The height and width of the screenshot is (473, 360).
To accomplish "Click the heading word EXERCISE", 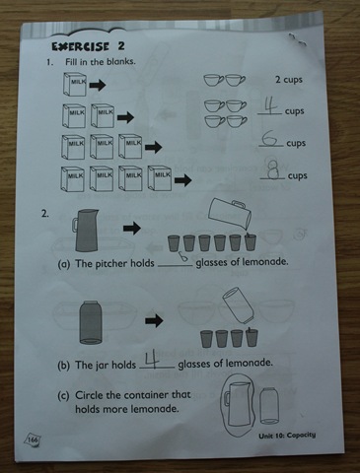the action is coord(80,46).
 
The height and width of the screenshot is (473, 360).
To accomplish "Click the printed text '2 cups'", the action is coord(289,80).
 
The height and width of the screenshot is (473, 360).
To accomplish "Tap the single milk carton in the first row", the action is coord(74,85).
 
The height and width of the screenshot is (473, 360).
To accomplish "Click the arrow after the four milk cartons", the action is coord(183,179).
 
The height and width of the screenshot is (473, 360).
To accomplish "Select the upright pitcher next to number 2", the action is coord(85,231).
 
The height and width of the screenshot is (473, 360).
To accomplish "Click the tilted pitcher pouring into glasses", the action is coord(230,213).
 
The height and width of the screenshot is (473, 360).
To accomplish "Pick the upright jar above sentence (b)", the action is coord(91,322).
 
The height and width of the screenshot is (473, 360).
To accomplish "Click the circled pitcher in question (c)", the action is coord(240,404).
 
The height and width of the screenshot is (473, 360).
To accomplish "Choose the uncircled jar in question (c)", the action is coord(269,406).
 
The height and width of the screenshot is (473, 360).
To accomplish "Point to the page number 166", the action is coord(33,439).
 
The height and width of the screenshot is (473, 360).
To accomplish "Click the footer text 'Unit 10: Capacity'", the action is coord(287,436).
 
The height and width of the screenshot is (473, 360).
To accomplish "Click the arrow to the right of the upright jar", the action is coord(154,320).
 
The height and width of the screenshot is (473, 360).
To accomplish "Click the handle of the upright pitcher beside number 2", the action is coord(75,226).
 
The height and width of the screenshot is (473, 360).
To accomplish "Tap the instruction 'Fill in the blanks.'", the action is coord(101,61).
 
